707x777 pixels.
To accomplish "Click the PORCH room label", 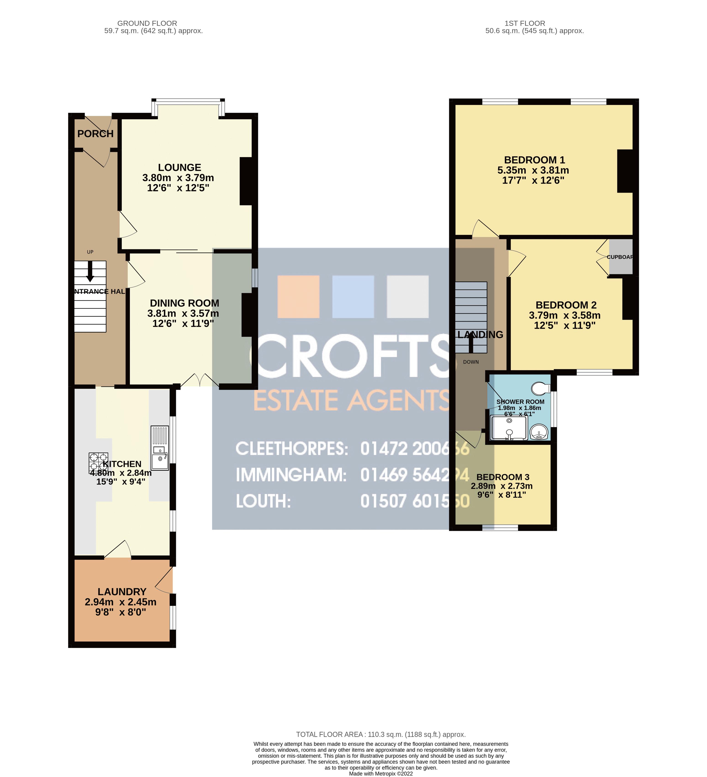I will pos(95,134).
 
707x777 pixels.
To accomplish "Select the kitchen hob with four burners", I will pos(98,462).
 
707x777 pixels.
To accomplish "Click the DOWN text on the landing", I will pos(471,362).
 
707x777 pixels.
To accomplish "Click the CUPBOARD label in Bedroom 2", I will pos(620,257).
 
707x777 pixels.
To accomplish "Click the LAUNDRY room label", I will pos(122,592).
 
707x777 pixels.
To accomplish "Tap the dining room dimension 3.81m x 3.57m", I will pos(183,313).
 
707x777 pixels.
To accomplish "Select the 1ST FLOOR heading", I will pos(525,24).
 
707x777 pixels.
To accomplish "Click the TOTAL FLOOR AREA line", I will pos(380,735).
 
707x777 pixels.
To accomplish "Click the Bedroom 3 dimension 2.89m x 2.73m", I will pos(501,486).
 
